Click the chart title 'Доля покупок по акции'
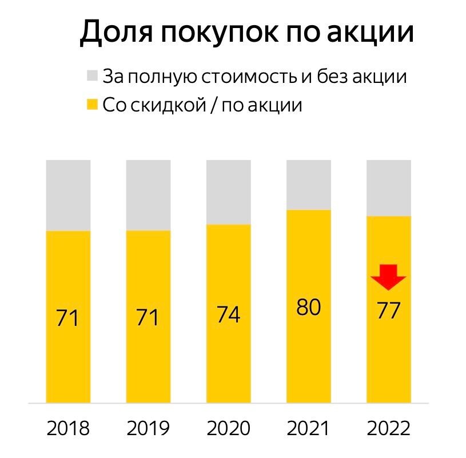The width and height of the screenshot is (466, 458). coord(246,33)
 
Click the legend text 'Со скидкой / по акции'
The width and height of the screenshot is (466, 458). coord(202,105)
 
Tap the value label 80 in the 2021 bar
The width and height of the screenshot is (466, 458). coord(309,308)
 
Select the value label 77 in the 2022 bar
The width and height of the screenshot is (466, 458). coord(388,311)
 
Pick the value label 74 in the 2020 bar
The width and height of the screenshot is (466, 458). coord(228,315)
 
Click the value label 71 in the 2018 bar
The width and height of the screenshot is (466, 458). coord(69,318)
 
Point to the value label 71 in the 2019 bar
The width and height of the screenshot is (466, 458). coord(148,318)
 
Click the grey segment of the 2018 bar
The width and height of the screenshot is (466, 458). coord(69,195)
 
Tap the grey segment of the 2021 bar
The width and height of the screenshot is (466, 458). coord(309,185)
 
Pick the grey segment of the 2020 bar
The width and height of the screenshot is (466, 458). coord(228,192)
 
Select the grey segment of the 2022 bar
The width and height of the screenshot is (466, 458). coord(389,188)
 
